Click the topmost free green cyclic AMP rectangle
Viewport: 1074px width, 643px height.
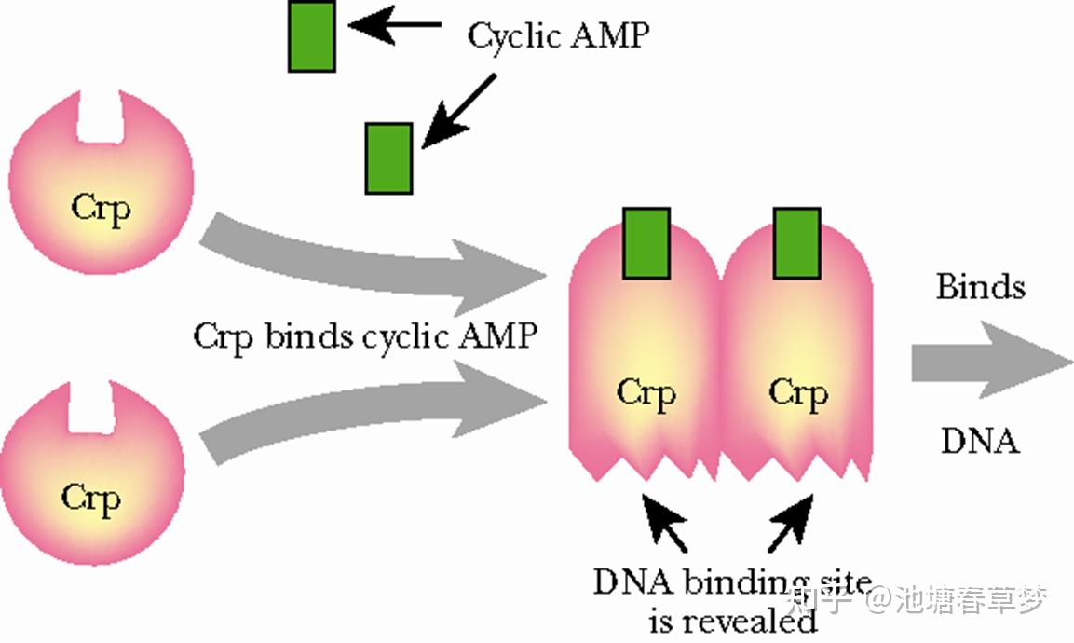pos(312,35)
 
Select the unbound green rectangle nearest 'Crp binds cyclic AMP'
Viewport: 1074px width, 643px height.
pos(389,158)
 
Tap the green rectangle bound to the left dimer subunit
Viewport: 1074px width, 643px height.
pos(646,243)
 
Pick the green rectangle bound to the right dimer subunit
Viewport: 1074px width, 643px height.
pos(797,243)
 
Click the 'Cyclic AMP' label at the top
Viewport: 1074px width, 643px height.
pos(558,36)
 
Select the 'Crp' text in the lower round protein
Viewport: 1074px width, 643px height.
pos(90,499)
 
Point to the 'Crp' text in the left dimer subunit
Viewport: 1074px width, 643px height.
pos(646,393)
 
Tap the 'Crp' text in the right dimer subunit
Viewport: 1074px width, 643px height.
pos(798,393)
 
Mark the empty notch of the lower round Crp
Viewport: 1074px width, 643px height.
pos(90,408)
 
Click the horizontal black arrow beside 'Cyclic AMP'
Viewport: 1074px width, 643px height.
pos(395,25)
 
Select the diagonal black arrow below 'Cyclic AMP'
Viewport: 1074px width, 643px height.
pos(458,111)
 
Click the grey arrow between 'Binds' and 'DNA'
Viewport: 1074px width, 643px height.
pos(992,360)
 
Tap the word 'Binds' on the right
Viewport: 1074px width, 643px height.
pos(981,286)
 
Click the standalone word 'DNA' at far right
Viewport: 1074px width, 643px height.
pos(981,441)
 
